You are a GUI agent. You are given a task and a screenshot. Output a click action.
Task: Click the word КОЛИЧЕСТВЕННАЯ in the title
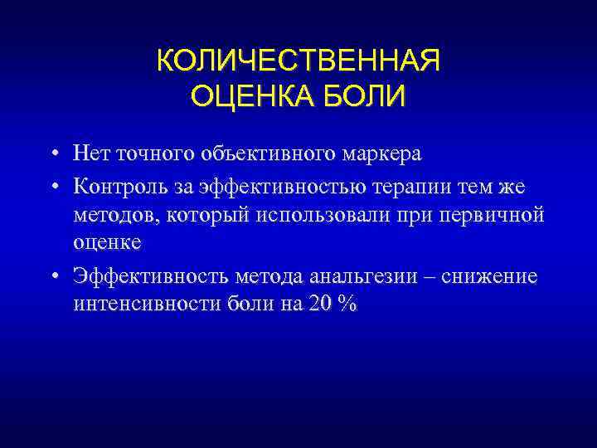298,62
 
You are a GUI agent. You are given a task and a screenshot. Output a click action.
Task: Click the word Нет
91,154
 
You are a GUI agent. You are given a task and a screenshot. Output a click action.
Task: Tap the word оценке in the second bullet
107,244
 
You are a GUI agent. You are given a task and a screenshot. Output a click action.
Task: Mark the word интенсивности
146,304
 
